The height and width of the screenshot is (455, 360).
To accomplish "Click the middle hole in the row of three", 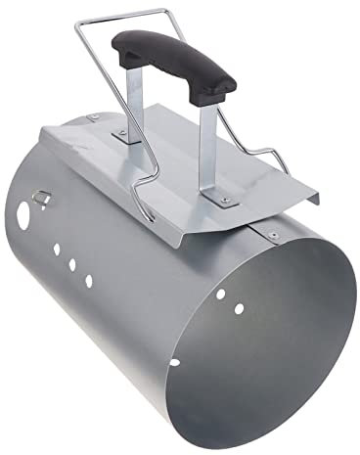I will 72,264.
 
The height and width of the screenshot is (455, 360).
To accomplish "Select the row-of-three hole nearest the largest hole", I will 58,248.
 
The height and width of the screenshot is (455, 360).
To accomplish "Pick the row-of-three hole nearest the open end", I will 88,282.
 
